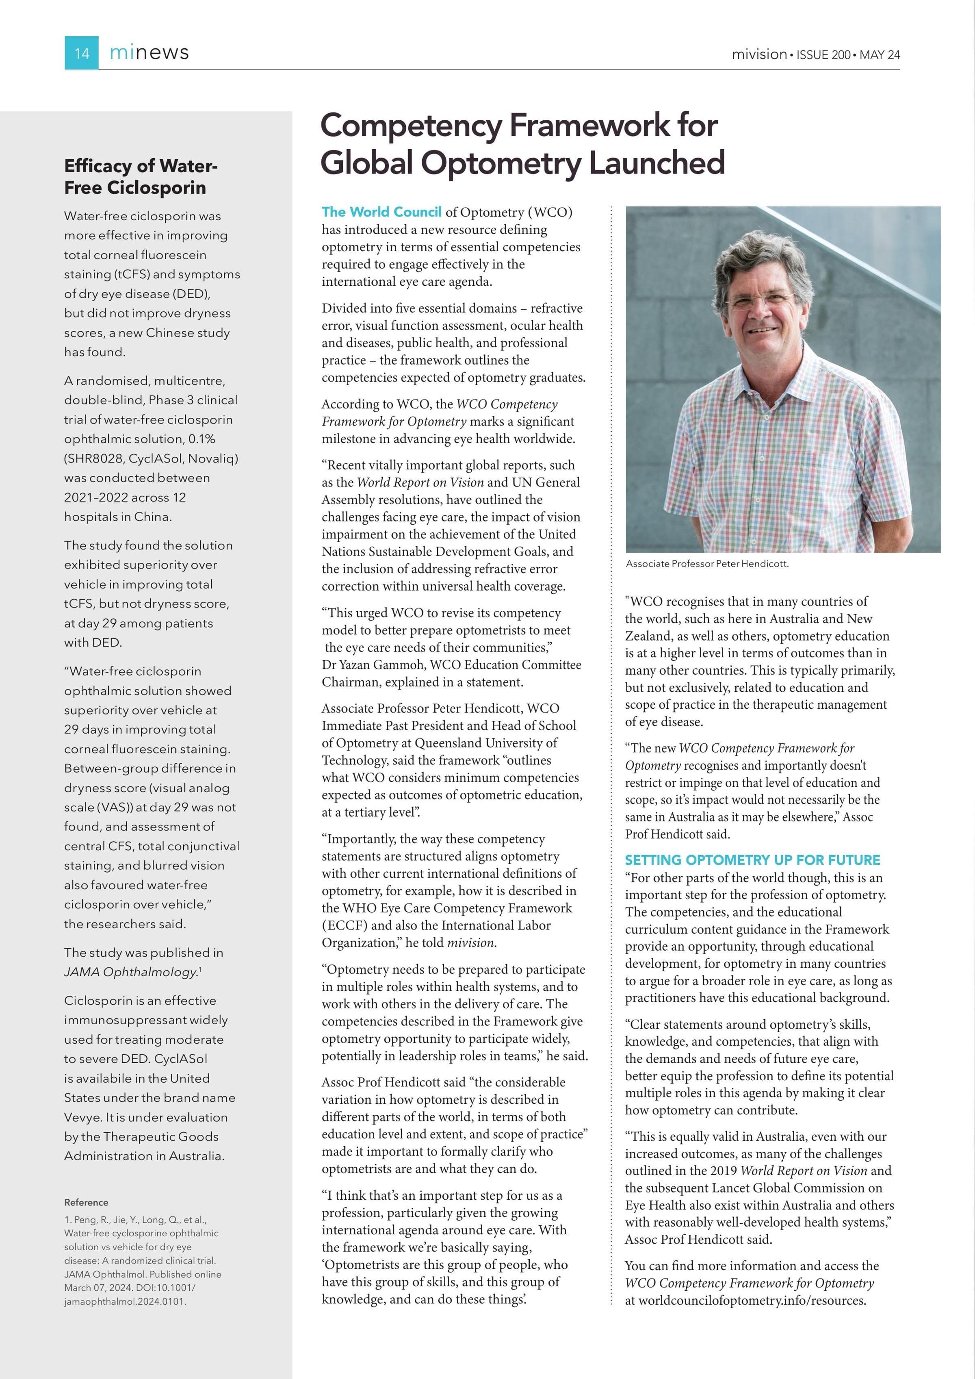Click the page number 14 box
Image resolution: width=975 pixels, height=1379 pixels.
point(82,53)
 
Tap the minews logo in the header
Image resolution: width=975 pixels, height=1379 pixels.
point(149,53)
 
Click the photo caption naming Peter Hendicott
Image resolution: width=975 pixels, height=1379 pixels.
point(706,563)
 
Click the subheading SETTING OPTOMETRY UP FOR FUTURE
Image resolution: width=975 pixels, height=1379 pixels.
point(752,860)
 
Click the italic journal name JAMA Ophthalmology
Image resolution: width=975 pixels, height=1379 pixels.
point(131,972)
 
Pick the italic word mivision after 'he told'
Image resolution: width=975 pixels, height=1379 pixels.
point(471,943)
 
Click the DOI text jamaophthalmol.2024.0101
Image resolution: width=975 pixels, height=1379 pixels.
point(125,1301)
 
